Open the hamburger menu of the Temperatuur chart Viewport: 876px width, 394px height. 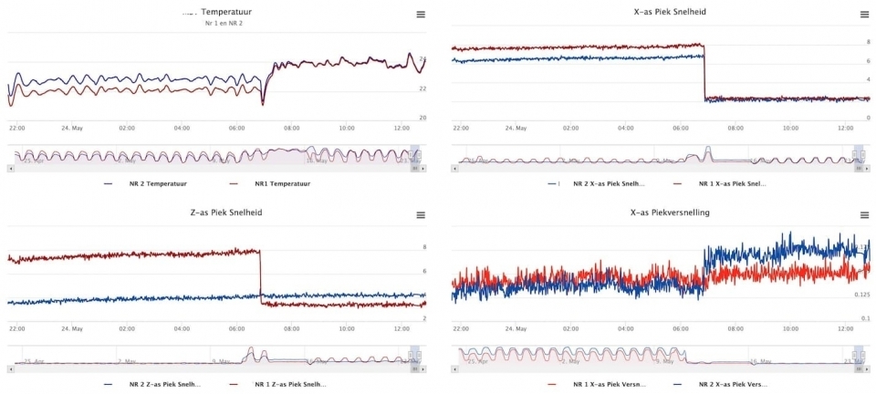(421, 14)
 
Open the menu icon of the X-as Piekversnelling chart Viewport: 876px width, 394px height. (864, 215)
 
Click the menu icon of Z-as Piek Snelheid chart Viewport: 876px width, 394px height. (421, 215)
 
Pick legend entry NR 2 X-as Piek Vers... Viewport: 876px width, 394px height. (728, 385)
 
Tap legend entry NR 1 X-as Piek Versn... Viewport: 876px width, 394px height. (610, 385)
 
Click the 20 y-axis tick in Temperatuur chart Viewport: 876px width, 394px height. (422, 118)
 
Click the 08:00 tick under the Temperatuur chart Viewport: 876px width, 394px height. (292, 129)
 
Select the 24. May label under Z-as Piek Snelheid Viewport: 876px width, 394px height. (71, 328)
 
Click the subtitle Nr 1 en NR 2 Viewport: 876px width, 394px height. (224, 23)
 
